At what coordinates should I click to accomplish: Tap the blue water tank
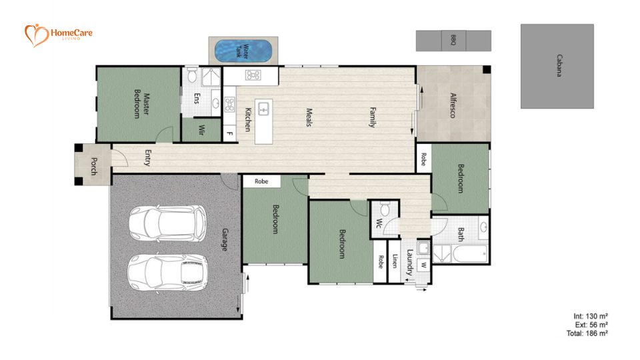(243, 51)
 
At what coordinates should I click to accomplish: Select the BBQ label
(453, 40)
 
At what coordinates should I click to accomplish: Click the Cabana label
(559, 66)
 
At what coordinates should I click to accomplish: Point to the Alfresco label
(451, 105)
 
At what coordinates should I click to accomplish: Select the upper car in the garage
(168, 223)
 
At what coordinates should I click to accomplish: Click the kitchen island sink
(263, 108)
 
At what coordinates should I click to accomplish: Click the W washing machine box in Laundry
(423, 265)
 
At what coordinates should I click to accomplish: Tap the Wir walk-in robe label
(201, 131)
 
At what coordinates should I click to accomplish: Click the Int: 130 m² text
(591, 315)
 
